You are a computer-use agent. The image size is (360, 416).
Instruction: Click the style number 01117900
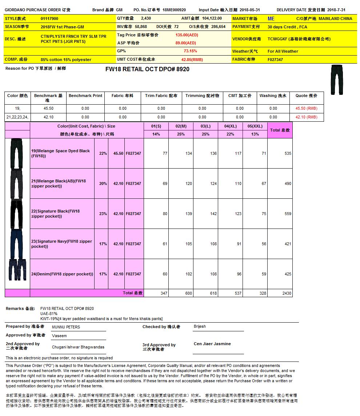(x=49, y=19)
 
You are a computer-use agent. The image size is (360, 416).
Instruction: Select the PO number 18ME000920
(x=174, y=10)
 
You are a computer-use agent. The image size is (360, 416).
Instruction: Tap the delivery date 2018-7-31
(x=336, y=10)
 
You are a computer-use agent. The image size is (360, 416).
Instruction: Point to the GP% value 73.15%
(x=190, y=51)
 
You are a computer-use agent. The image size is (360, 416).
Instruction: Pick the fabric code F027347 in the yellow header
(x=275, y=60)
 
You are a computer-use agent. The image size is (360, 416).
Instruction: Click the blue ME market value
(x=271, y=19)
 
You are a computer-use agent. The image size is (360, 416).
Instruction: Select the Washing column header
(x=273, y=96)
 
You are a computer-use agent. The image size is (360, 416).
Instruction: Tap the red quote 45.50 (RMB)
(x=306, y=109)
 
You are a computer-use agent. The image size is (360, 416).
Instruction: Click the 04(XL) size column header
(x=231, y=126)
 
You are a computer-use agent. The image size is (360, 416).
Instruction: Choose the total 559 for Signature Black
(x=288, y=214)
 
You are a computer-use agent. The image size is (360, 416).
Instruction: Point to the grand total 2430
(x=287, y=293)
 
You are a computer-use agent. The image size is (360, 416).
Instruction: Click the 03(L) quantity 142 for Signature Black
(x=213, y=214)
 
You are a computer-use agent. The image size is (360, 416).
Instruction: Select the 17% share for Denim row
(x=103, y=274)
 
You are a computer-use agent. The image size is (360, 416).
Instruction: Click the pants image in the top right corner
(x=337, y=80)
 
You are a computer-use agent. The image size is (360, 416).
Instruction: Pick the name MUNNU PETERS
(x=66, y=327)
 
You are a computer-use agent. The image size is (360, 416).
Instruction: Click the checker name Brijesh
(x=200, y=327)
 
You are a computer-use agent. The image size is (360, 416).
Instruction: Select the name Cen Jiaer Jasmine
(x=212, y=344)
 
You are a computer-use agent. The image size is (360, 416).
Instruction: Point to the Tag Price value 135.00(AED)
(x=187, y=35)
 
